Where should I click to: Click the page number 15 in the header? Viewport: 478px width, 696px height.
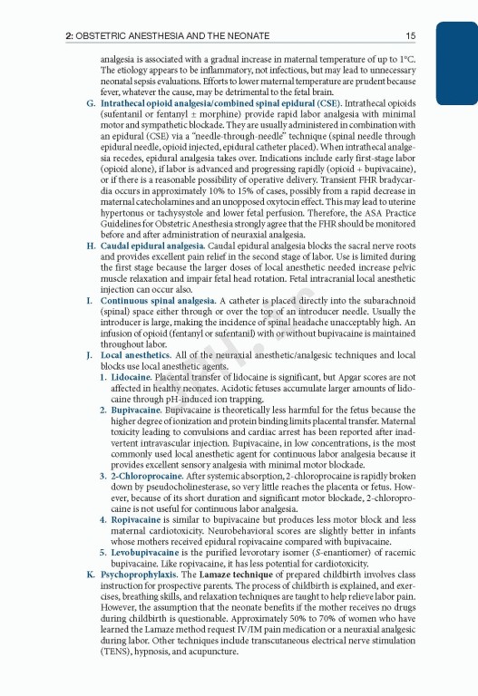coord(411,35)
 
